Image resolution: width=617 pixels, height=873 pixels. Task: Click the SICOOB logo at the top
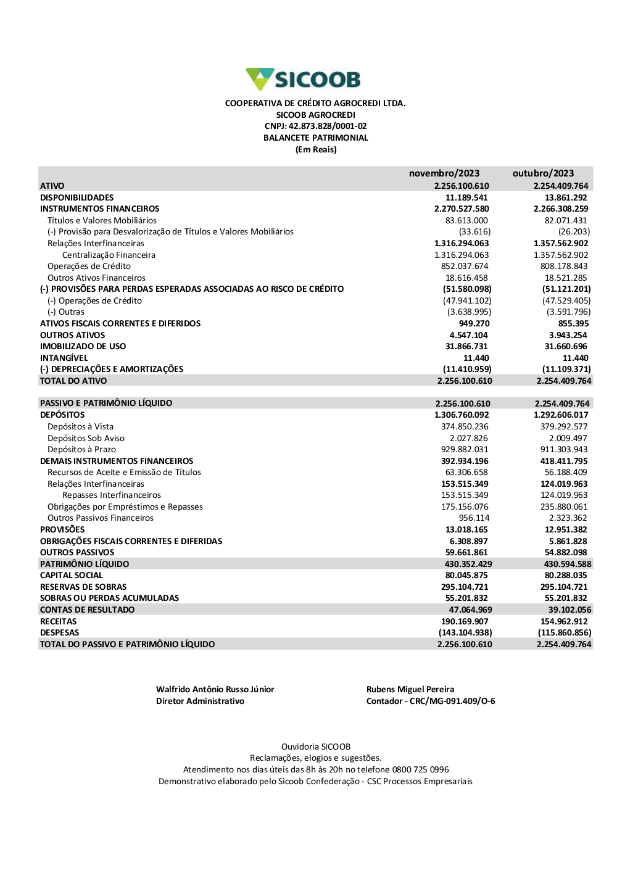[x=303, y=80]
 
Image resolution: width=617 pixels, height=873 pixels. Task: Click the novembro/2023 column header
[x=444, y=173]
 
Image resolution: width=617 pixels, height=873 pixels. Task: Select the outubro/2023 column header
[x=543, y=173]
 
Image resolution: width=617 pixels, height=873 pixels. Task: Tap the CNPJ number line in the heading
[x=315, y=126]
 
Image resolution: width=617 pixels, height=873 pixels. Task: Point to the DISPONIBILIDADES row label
[x=77, y=197]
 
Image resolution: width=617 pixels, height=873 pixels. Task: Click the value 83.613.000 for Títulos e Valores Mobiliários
[x=466, y=220]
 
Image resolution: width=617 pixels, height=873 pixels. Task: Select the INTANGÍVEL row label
[x=64, y=358]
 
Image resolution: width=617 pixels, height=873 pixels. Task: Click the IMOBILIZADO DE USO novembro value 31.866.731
[x=466, y=346]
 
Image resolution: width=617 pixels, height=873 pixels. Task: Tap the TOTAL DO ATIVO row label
[x=73, y=381]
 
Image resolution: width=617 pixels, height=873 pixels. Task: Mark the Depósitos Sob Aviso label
[x=86, y=438]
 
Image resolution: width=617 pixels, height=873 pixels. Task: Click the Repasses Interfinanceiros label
[x=112, y=495]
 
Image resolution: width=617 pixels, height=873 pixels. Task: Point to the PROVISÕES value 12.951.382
[x=566, y=529]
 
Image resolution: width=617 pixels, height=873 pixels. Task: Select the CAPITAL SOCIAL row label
[x=72, y=575]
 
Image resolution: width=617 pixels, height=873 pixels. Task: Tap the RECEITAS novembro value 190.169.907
[x=465, y=621]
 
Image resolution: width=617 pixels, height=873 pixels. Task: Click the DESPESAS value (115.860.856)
[x=565, y=632]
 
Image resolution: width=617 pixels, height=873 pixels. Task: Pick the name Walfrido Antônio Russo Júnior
[x=215, y=689]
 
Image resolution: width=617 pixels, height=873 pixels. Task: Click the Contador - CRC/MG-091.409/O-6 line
[x=431, y=701]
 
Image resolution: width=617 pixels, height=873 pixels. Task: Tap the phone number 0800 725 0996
[x=421, y=769]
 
